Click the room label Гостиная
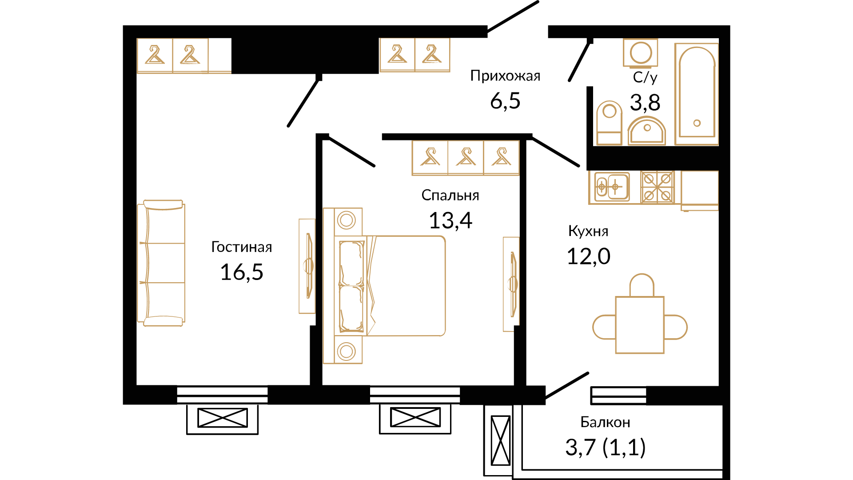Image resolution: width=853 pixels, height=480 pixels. click(242, 247)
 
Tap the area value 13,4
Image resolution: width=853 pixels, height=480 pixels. click(450, 220)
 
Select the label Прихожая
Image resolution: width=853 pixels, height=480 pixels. click(505, 76)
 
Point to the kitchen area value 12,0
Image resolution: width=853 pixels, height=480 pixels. click(589, 256)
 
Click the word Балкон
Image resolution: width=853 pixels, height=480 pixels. click(605, 422)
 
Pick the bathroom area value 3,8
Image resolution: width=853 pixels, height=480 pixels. click(645, 103)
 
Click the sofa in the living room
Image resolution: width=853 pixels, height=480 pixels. click(161, 263)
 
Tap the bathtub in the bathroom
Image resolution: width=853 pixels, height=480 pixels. click(696, 94)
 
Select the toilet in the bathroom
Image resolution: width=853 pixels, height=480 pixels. click(609, 123)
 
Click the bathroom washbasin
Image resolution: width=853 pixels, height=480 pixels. click(646, 131)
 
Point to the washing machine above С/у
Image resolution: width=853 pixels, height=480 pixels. click(640, 53)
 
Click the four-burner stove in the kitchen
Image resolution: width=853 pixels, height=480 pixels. click(658, 187)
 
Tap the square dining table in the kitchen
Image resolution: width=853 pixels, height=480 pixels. click(640, 325)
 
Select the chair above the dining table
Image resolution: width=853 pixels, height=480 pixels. click(642, 285)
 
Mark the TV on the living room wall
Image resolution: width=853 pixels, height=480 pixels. click(307, 266)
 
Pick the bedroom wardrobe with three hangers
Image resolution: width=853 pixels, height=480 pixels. click(466, 158)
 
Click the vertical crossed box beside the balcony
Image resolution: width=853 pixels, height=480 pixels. click(501, 440)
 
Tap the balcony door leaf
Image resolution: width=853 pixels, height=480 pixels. click(567, 385)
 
